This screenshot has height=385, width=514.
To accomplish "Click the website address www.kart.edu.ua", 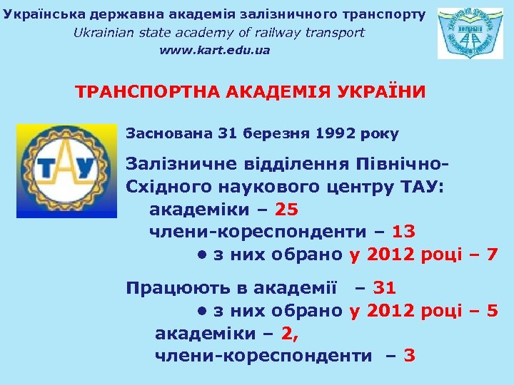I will [x=215, y=51].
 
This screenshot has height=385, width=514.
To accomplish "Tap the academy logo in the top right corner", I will [x=470, y=34].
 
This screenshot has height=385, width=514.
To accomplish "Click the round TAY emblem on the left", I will [x=66, y=171].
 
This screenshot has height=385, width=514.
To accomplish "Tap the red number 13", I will [x=404, y=232].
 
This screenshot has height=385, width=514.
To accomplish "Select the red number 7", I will [x=491, y=255].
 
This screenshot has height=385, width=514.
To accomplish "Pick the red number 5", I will [x=491, y=311].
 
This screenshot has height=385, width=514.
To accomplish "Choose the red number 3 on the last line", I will [x=410, y=355].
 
